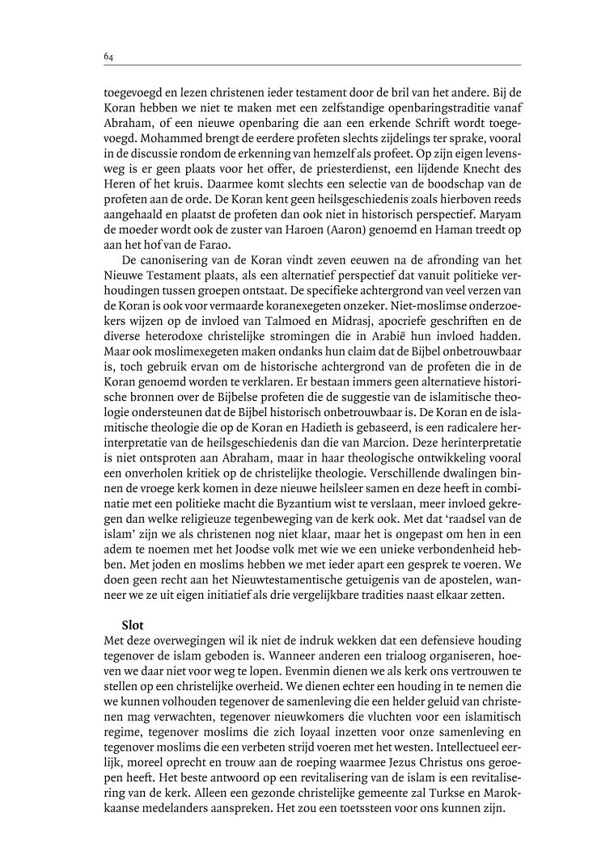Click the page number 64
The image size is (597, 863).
[x=108, y=57]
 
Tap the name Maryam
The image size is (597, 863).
[x=502, y=214]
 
